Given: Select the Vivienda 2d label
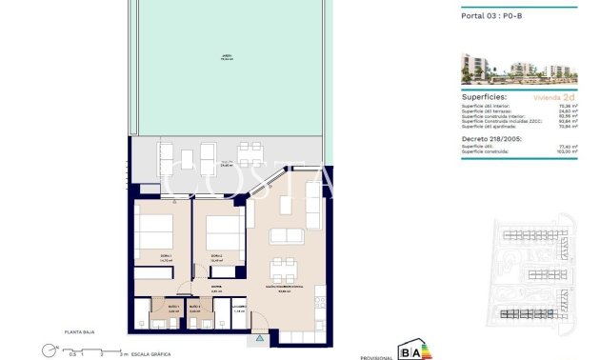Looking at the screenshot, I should pos(556,97).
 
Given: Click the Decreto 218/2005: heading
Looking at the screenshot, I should pos(490,137).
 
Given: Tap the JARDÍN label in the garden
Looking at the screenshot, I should pos(227,58).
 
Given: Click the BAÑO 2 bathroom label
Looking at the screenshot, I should pos(195,308).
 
